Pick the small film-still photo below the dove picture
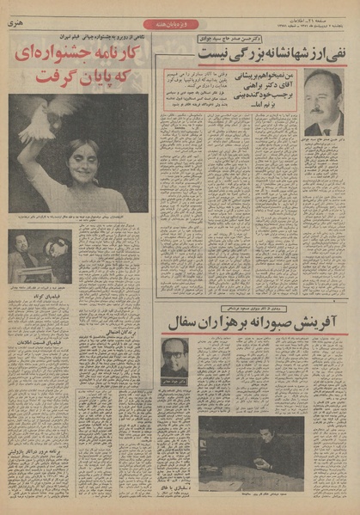tap(40, 256)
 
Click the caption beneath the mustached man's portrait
tap(322, 140)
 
